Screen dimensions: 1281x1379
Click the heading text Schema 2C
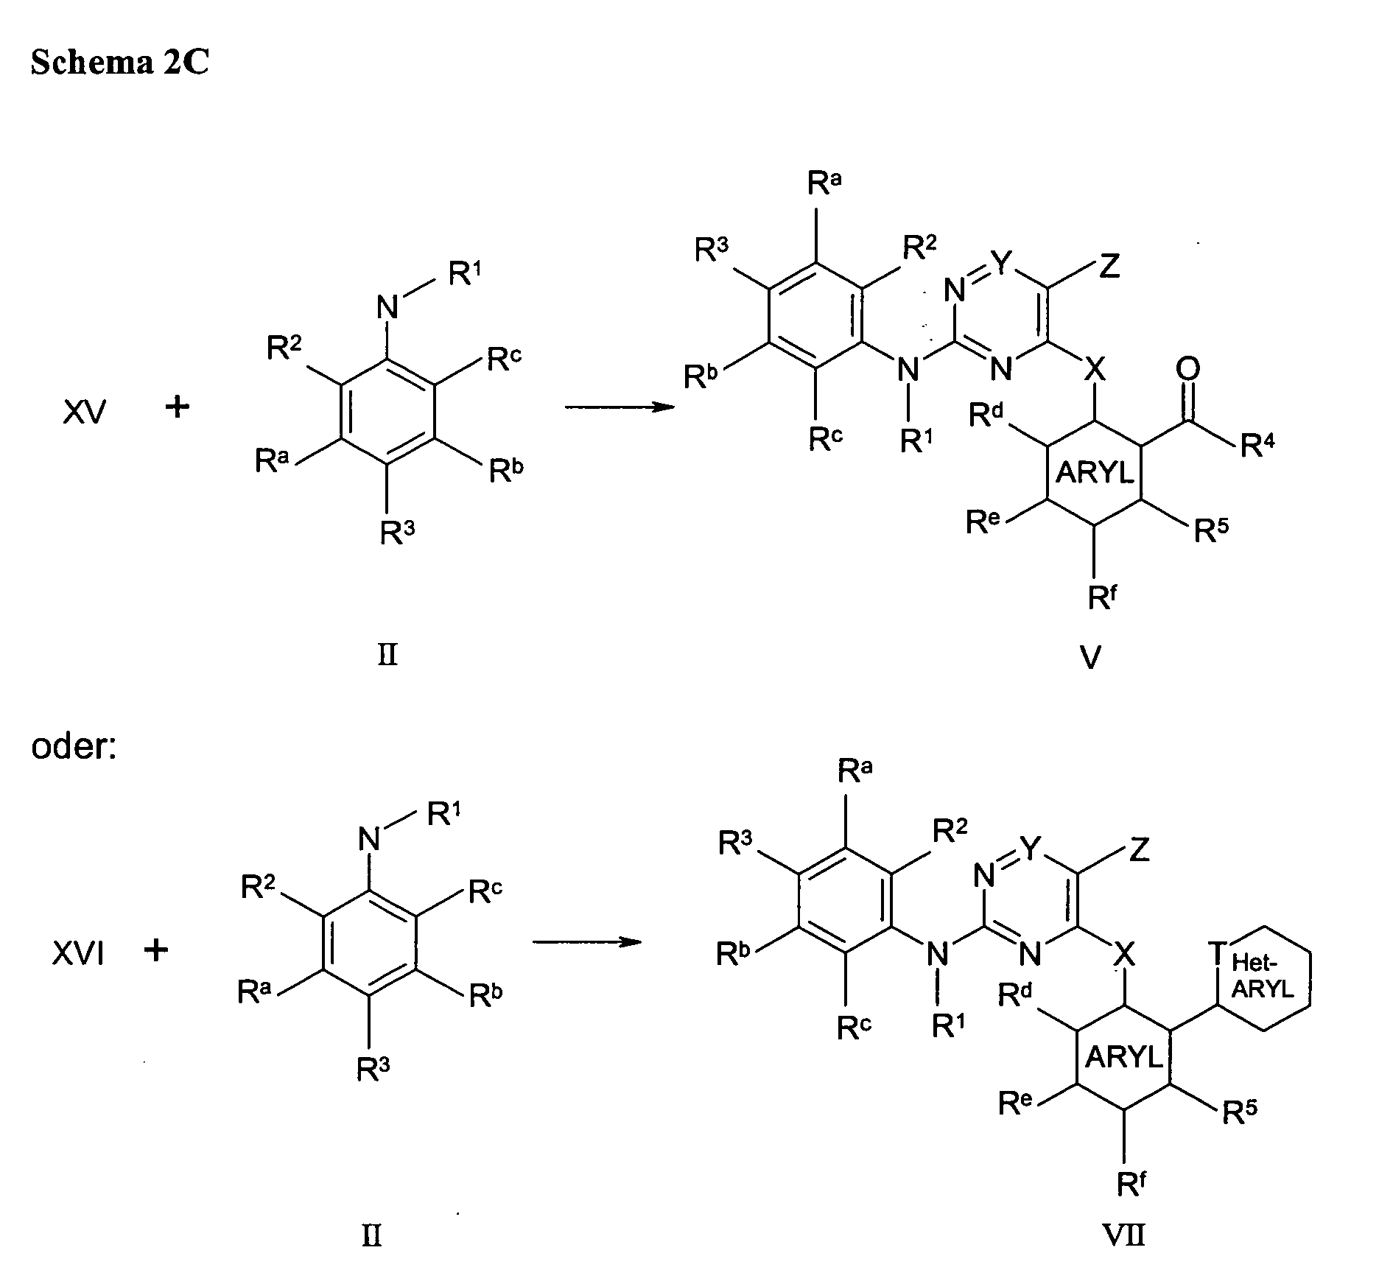coord(119,63)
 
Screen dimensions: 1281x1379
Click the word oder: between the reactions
coord(74,746)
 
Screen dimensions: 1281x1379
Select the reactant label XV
coord(84,413)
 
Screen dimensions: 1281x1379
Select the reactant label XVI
coord(79,955)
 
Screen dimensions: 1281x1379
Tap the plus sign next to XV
coord(177,407)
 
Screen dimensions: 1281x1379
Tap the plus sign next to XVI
coord(156,950)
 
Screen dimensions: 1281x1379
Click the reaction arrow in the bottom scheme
coord(586,942)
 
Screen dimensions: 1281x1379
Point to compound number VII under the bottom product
coord(1126,1234)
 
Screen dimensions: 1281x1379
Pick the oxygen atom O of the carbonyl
coord(1187,370)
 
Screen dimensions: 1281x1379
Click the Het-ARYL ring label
coord(1263,975)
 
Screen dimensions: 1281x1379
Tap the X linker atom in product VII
coord(1124,956)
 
